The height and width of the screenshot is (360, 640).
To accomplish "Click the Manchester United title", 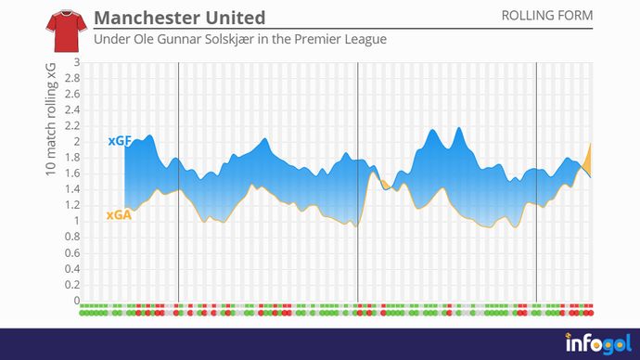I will tap(179, 18).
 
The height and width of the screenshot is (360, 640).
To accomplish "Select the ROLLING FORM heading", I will tap(546, 16).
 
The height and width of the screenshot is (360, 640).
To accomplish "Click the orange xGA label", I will tap(119, 214).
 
